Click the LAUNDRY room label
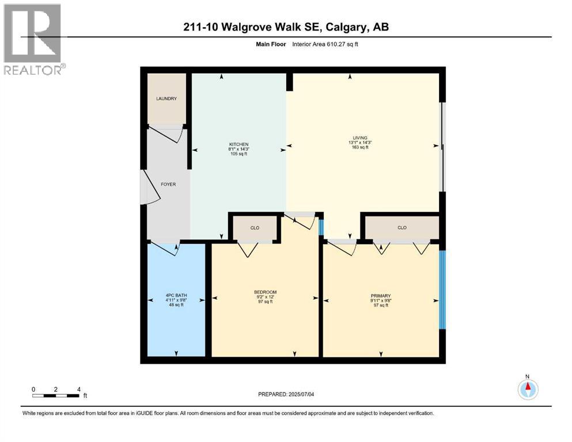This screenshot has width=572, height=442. pyautogui.click(x=166, y=99)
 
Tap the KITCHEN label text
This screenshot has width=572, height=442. pyautogui.click(x=238, y=144)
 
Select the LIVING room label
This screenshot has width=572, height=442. pyautogui.click(x=360, y=138)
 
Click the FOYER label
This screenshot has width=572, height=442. pyautogui.click(x=168, y=184)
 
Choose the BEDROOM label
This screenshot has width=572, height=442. pyautogui.click(x=266, y=292)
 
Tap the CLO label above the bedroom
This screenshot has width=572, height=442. pyautogui.click(x=255, y=228)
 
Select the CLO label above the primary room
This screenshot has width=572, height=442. pyautogui.click(x=402, y=228)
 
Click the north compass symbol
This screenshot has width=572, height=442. pyautogui.click(x=527, y=389)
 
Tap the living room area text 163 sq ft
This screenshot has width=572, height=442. pyautogui.click(x=360, y=147)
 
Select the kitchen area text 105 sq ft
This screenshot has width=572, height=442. pyautogui.click(x=238, y=154)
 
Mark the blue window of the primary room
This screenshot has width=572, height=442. pyautogui.click(x=442, y=289)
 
